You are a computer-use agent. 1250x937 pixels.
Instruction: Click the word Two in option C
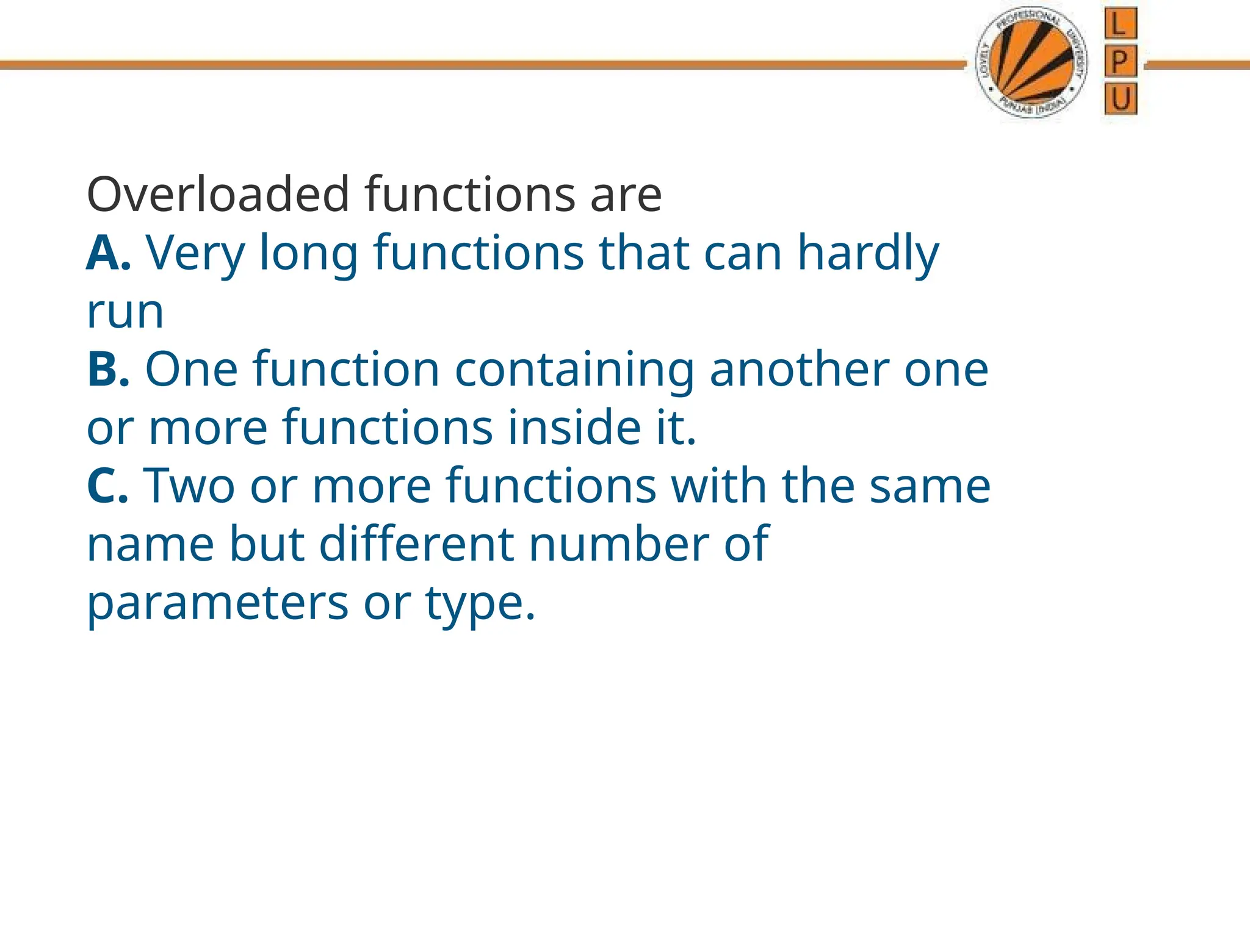tap(189, 486)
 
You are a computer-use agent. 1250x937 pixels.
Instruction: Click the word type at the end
tap(480, 603)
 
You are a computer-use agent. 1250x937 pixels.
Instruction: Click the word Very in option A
tap(195, 253)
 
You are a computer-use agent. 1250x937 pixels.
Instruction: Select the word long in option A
tap(308, 253)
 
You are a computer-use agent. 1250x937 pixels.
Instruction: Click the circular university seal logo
tap(1031, 64)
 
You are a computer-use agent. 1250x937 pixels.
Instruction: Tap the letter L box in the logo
tap(1121, 24)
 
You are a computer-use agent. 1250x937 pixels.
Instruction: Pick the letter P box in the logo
tap(1121, 62)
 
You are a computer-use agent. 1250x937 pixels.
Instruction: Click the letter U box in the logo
tap(1121, 99)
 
